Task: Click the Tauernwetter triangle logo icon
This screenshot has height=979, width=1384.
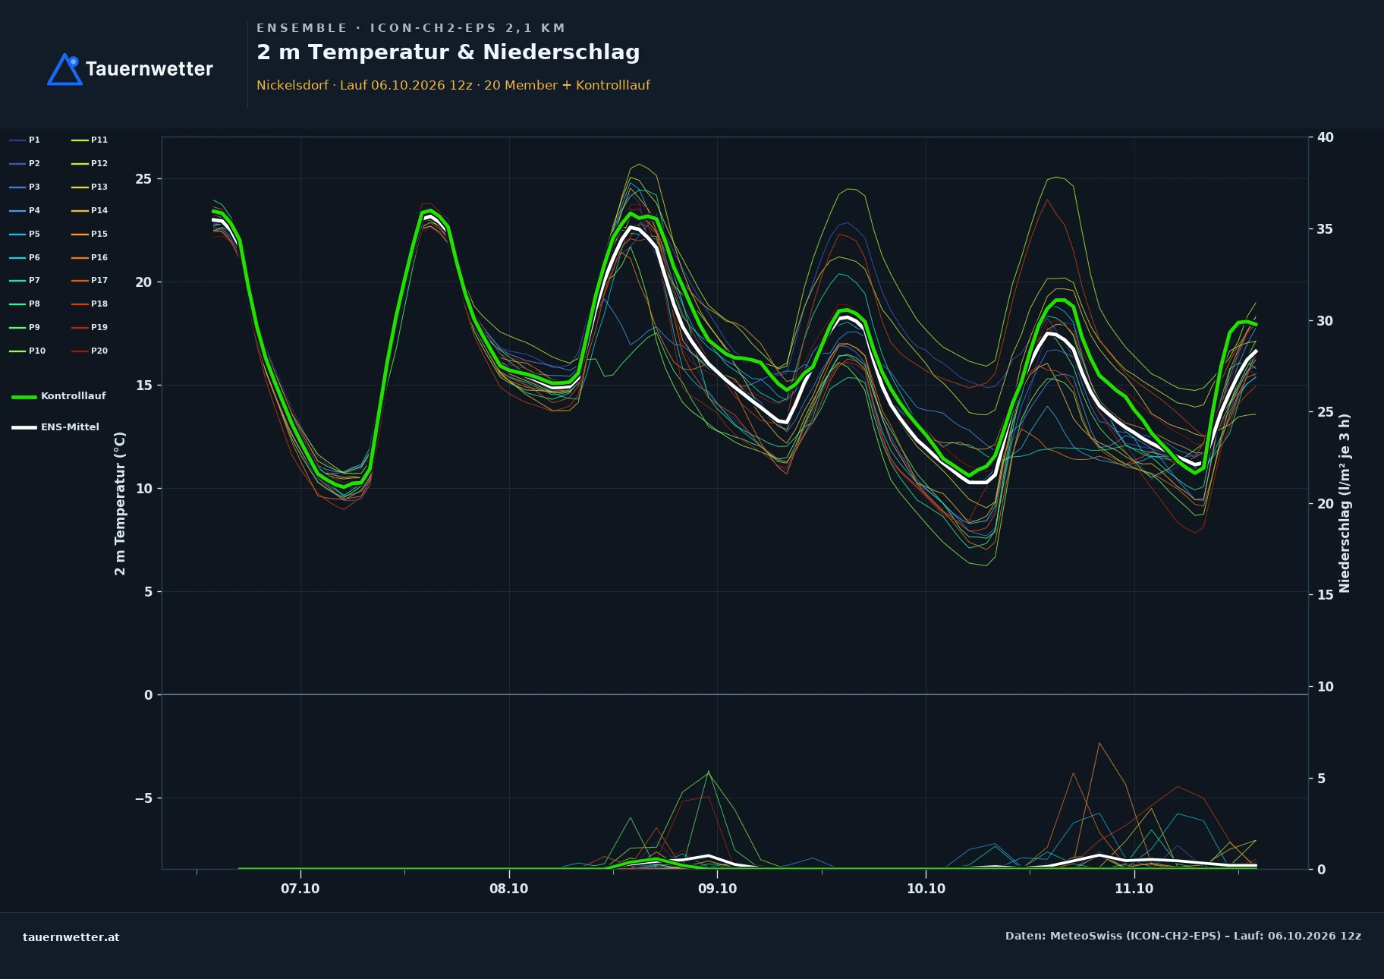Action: pos(65,70)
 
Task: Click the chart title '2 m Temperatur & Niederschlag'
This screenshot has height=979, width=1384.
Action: pos(448,52)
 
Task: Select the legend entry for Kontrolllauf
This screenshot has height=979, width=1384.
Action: pos(59,396)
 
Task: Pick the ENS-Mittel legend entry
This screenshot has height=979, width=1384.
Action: pos(55,427)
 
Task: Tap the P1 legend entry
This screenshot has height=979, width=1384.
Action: pos(25,140)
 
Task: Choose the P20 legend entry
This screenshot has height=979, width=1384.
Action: pos(90,351)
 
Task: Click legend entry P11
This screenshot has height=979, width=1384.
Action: pos(90,140)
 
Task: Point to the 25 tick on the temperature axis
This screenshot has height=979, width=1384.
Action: pos(143,179)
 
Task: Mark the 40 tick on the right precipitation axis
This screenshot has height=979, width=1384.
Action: pos(1325,137)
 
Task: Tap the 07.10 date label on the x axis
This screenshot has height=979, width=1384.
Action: pos(300,889)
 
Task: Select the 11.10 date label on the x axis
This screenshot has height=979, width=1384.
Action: pos(1134,889)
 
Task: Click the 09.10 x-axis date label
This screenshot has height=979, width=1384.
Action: pos(717,889)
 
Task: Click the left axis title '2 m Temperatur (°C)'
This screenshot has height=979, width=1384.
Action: pos(120,503)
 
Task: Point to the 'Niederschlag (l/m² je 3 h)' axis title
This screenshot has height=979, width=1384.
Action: pos(1345,503)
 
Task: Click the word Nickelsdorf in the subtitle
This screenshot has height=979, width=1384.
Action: pos(292,85)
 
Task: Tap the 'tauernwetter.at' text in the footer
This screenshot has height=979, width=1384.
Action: pos(71,937)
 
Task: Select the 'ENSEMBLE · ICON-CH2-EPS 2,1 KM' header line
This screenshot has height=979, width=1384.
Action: pos(410,28)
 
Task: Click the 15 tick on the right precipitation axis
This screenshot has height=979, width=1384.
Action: pos(1325,595)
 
